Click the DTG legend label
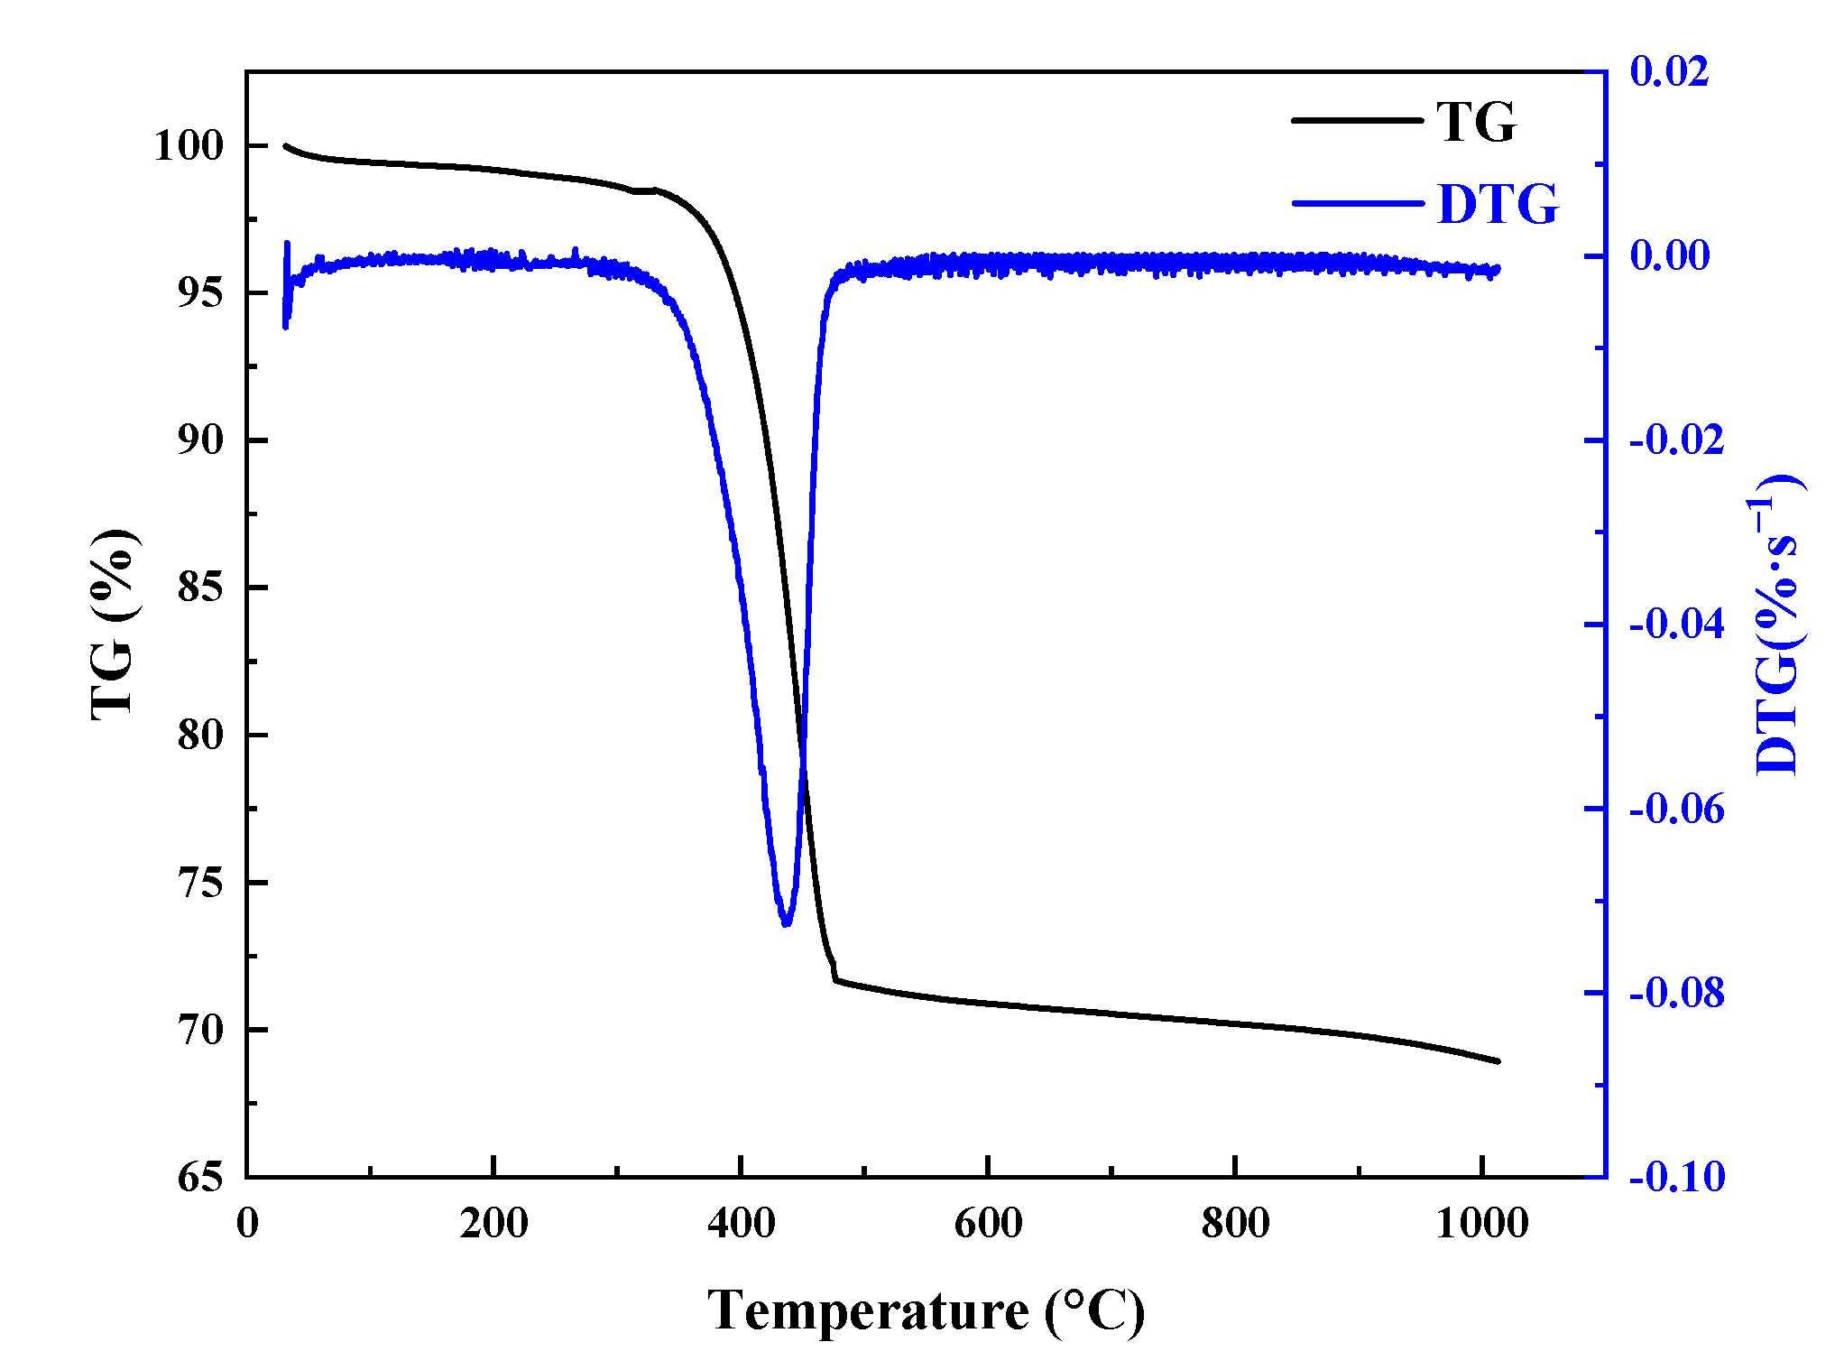pyautogui.click(x=1498, y=204)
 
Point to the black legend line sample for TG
pyautogui.click(x=1356, y=120)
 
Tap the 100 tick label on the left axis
pyautogui.click(x=188, y=145)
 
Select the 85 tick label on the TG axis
pyautogui.click(x=199, y=588)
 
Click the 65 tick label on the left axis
pyautogui.click(x=199, y=1177)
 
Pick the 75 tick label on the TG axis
pyautogui.click(x=199, y=883)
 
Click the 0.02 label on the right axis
pyautogui.click(x=1669, y=71)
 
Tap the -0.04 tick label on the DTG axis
pyautogui.click(x=1676, y=624)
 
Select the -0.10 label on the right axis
pyautogui.click(x=1676, y=1177)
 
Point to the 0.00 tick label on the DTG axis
pyautogui.click(x=1669, y=255)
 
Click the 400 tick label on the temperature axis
pyautogui.click(x=741, y=1224)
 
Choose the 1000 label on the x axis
pyautogui.click(x=1481, y=1224)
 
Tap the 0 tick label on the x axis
pyautogui.click(x=247, y=1224)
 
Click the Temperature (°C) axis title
pyautogui.click(x=926, y=1310)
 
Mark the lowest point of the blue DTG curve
pyautogui.click(x=786, y=923)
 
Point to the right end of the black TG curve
pyautogui.click(x=1498, y=1061)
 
